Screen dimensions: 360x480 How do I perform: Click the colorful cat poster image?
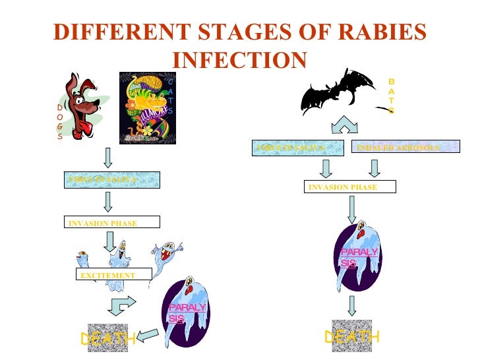(x=147, y=107)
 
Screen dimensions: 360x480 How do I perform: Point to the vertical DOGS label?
(x=59, y=122)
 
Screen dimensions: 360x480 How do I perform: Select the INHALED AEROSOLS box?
(x=398, y=148)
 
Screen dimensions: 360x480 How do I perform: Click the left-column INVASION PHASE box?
(x=111, y=224)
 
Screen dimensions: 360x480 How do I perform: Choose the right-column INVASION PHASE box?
(x=350, y=187)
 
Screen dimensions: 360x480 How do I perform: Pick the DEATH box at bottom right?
(x=351, y=336)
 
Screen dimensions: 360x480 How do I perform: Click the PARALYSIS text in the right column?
(x=359, y=258)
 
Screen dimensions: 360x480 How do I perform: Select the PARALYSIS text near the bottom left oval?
(x=187, y=313)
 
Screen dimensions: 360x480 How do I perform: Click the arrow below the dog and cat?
(x=108, y=157)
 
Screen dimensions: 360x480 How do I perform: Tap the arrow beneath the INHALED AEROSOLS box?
(x=374, y=168)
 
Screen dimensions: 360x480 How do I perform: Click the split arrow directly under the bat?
(x=345, y=127)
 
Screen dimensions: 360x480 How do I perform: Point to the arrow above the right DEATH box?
(x=353, y=305)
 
